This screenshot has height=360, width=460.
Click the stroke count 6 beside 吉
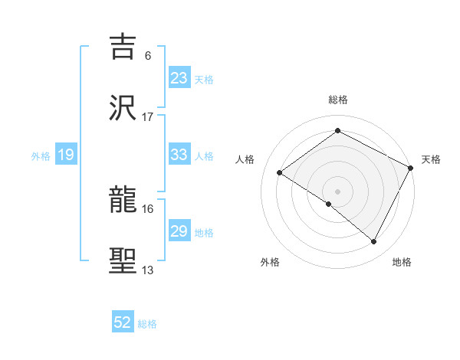tap(148, 55)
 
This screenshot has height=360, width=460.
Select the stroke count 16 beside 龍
tap(148, 208)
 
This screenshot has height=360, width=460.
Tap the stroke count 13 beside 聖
tap(148, 270)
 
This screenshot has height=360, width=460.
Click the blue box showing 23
tap(179, 78)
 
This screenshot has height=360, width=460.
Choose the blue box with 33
tap(179, 155)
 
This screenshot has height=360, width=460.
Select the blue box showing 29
tap(179, 231)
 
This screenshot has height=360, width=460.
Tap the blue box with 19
tap(66, 155)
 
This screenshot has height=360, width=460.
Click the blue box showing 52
tap(123, 323)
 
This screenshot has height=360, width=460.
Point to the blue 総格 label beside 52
tap(147, 324)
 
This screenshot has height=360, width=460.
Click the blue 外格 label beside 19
tap(41, 156)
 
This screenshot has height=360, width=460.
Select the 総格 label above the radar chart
tap(337, 100)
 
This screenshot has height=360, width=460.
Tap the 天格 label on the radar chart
tap(431, 159)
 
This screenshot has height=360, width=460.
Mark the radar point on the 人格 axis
tap(280, 173)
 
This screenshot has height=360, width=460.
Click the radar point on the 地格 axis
tap(374, 242)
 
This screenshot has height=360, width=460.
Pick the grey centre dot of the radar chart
tap(337, 191)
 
